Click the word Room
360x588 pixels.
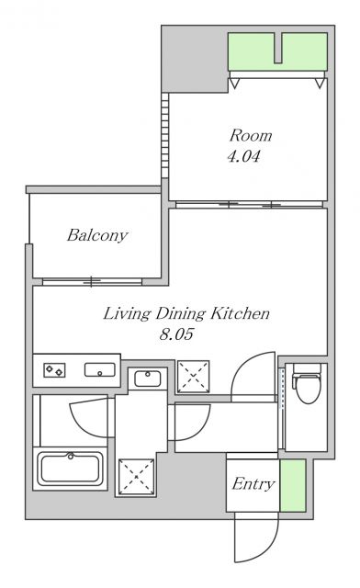point(251,135)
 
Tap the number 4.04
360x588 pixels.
point(243,156)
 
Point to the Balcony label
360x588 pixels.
point(97,235)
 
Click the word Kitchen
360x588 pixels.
point(240,313)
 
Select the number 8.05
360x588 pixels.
point(176,334)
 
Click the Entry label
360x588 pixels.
point(253,484)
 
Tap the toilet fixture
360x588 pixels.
point(308,383)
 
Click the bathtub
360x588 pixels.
point(72,469)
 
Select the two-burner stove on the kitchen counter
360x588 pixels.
point(55,370)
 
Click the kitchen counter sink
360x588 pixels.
point(100,369)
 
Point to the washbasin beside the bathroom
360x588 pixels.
point(148,379)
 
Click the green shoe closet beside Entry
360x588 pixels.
point(293,486)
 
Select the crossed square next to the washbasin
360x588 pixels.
point(194,377)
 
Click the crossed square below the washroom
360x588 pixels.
point(136,476)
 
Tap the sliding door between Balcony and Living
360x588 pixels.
point(92,282)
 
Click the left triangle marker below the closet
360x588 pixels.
point(233,84)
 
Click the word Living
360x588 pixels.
point(127,314)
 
